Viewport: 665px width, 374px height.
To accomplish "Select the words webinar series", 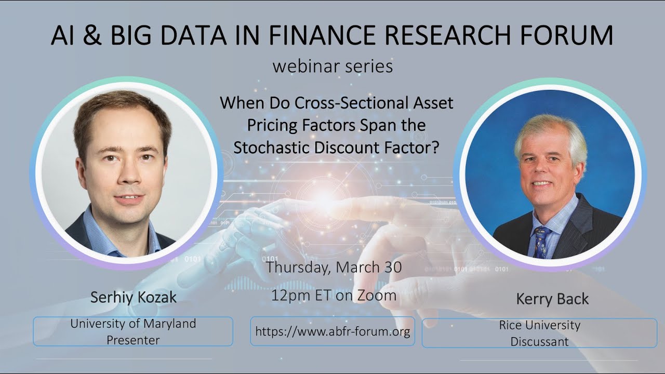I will [x=332, y=66].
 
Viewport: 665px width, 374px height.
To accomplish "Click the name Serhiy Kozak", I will [x=134, y=297].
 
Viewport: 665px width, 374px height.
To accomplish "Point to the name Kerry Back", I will [x=552, y=299].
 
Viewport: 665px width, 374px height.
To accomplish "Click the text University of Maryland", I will [x=133, y=324].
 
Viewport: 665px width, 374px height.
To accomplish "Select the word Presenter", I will [x=133, y=340].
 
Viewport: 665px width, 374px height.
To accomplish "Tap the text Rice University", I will [x=539, y=325].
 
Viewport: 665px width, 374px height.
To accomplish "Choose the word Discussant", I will [x=539, y=342].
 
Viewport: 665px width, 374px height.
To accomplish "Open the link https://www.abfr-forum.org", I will [x=332, y=331].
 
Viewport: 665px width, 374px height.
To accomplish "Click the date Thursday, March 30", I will [x=334, y=268].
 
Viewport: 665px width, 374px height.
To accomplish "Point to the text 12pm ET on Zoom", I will [x=334, y=295].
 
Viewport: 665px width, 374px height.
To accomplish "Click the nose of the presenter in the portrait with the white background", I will [x=124, y=179].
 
